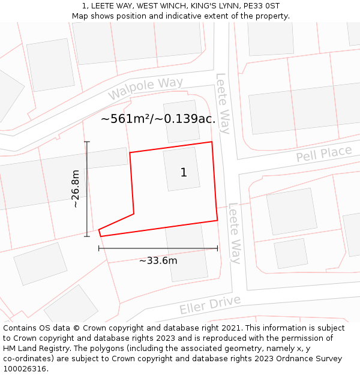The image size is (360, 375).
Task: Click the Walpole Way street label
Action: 146,89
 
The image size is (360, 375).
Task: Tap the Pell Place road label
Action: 324,154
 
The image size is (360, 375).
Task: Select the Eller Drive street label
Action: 210,305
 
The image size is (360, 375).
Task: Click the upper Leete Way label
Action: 223,104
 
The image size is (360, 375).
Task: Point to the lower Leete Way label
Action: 235,233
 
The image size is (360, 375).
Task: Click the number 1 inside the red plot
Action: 184,173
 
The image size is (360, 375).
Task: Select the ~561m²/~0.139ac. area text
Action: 158,119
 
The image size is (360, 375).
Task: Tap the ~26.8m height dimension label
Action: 76,188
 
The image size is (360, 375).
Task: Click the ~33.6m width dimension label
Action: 158,260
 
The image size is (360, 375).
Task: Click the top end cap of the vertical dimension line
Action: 87,142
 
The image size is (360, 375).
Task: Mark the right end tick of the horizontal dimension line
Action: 217,248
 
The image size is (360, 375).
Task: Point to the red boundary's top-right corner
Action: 212,142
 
